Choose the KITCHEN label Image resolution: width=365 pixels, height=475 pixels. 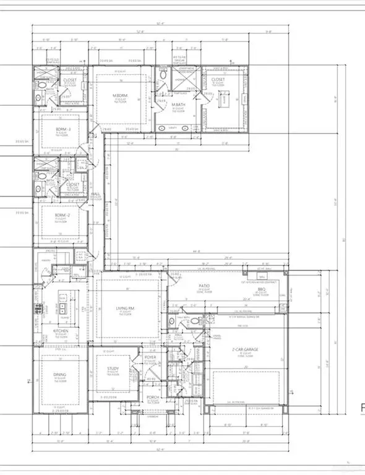(60, 332)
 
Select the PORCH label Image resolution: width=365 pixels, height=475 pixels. (153, 397)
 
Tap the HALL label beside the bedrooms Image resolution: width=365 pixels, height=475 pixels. (95, 194)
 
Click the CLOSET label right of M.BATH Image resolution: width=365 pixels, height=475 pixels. (217, 80)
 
